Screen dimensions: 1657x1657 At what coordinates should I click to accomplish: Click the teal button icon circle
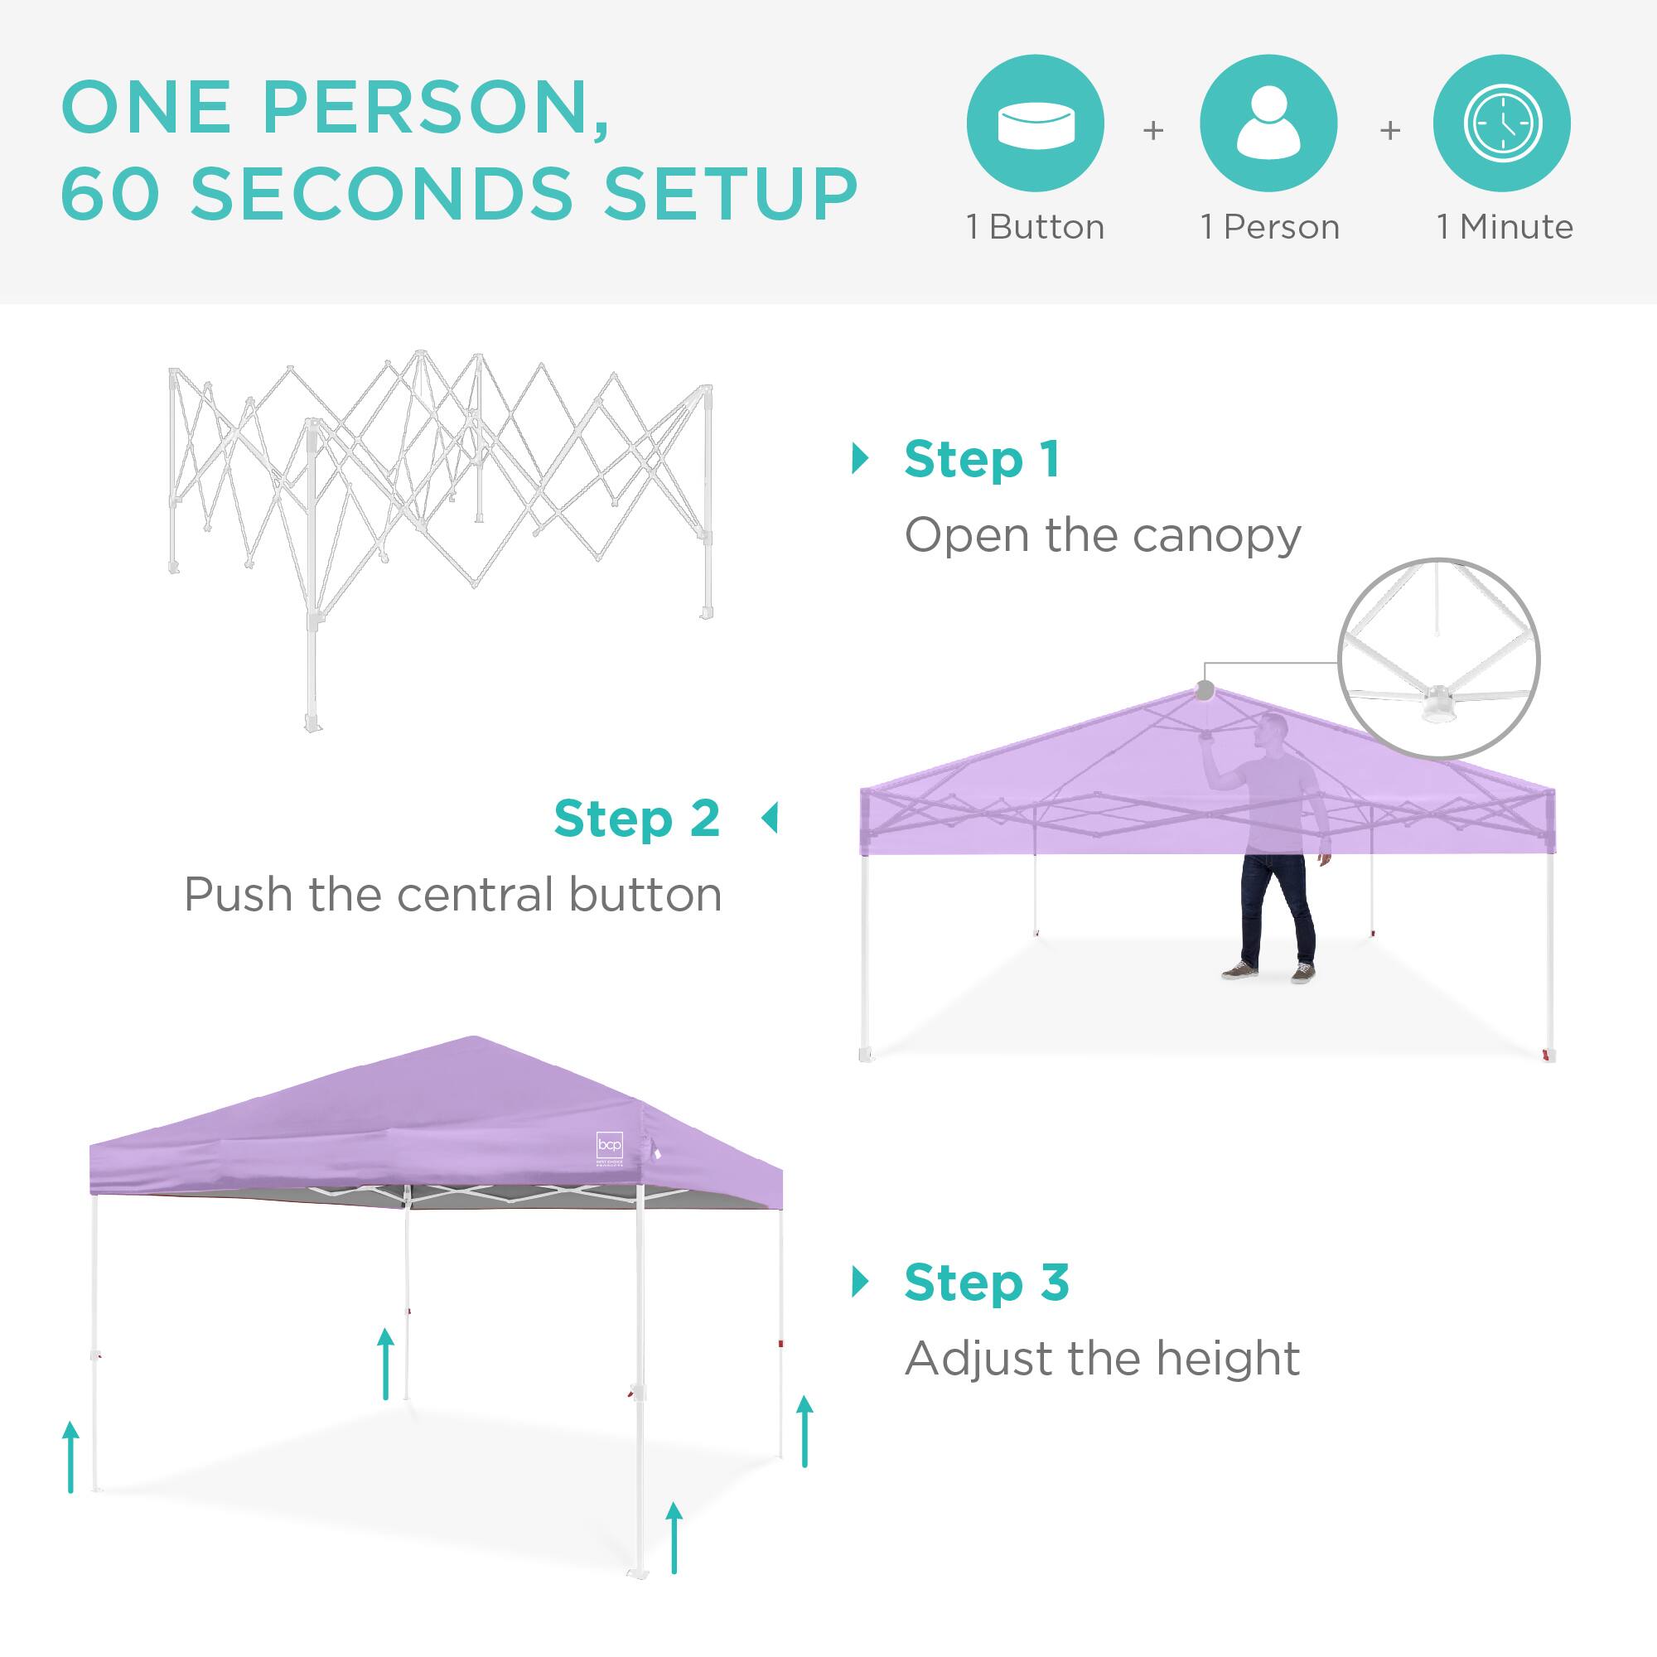click(x=1035, y=123)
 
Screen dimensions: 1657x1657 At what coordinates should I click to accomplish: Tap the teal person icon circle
click(x=1268, y=123)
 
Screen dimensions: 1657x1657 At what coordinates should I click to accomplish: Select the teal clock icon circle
click(x=1502, y=123)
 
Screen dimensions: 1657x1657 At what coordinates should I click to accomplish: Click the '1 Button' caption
click(x=1035, y=227)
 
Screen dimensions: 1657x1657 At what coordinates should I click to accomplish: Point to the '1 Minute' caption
click(x=1505, y=227)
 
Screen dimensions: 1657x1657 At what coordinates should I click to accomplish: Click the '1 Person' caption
click(x=1269, y=227)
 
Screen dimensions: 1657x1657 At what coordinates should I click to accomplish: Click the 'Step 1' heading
click(x=982, y=460)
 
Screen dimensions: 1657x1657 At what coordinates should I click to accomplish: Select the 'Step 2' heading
click(x=636, y=819)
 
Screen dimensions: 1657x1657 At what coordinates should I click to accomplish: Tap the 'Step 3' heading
click(x=986, y=1283)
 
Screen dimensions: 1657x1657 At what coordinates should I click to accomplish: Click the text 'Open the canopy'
click(x=1102, y=536)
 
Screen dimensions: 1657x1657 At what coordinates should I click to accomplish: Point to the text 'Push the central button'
click(x=453, y=896)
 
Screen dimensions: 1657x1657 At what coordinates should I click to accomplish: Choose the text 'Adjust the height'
click(x=1102, y=1360)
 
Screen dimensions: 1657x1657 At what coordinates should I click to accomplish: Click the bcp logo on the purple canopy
click(x=608, y=1147)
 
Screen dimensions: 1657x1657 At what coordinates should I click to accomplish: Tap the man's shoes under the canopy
click(x=1268, y=972)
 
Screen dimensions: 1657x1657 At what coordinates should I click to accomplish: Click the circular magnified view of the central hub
click(x=1439, y=659)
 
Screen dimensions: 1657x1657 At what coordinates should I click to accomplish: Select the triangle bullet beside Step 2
click(x=770, y=819)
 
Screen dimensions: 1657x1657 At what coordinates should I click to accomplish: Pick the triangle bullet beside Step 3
click(x=859, y=1283)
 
